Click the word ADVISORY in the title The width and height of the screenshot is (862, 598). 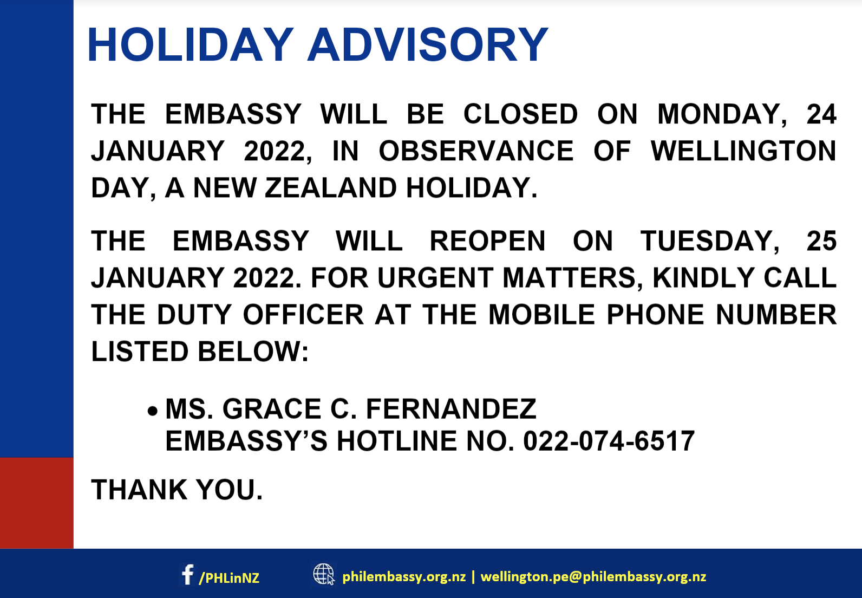pyautogui.click(x=428, y=44)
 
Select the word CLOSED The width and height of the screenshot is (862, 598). pyautogui.click(x=520, y=114)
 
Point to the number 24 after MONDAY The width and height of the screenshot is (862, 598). pyautogui.click(x=821, y=114)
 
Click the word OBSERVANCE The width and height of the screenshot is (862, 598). pyautogui.click(x=476, y=151)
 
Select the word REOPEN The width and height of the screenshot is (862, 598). pyautogui.click(x=487, y=241)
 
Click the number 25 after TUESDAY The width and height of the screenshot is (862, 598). pyautogui.click(x=821, y=241)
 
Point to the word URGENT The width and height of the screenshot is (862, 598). pyautogui.click(x=435, y=278)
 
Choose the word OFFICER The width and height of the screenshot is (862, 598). pyautogui.click(x=303, y=314)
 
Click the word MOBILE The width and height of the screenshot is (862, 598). pyautogui.click(x=541, y=314)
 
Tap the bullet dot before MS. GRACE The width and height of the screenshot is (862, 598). pyautogui.click(x=153, y=411)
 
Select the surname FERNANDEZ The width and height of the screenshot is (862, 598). pyautogui.click(x=451, y=408)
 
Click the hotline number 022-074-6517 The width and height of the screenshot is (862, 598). pyautogui.click(x=609, y=441)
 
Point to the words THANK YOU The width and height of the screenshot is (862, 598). pyautogui.click(x=177, y=490)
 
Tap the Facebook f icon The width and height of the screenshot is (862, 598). pyautogui.click(x=188, y=575)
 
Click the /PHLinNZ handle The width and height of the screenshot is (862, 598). pyautogui.click(x=230, y=577)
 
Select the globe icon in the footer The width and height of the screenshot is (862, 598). pyautogui.click(x=324, y=574)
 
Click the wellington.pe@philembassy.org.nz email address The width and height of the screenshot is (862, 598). pyautogui.click(x=593, y=577)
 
